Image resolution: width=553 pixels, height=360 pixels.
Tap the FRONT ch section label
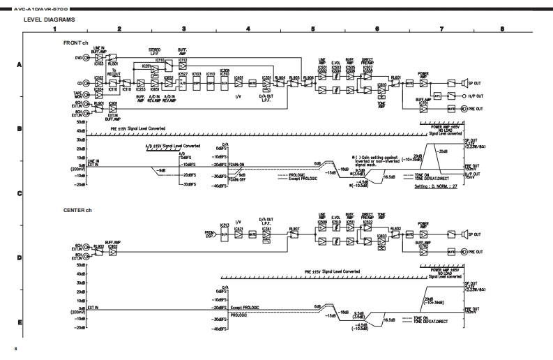tap(75, 42)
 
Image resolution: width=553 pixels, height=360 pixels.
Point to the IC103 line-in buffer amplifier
tap(98, 59)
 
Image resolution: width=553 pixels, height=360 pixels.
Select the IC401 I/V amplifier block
tap(238, 80)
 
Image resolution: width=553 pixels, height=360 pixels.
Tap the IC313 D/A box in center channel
tap(224, 235)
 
